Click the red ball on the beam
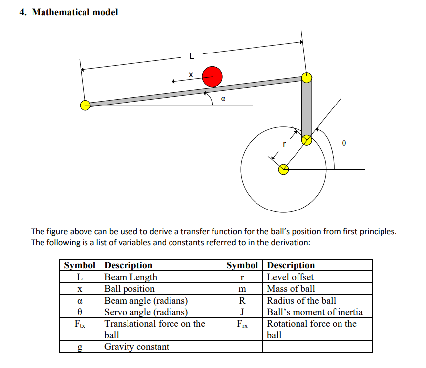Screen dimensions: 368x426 pyautogui.click(x=212, y=76)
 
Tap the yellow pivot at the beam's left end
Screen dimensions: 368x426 pyautogui.click(x=85, y=105)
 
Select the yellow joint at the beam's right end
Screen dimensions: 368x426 pyautogui.click(x=307, y=77)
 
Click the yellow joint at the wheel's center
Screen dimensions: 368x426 pyautogui.click(x=283, y=170)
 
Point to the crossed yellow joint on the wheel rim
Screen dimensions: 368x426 pyautogui.click(x=307, y=140)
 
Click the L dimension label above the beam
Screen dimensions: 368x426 pyautogui.click(x=192, y=55)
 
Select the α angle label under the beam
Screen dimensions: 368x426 pyautogui.click(x=223, y=99)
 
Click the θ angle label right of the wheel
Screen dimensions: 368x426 pyautogui.click(x=344, y=143)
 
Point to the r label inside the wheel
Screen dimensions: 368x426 pyautogui.click(x=284, y=144)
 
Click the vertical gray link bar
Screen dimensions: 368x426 pyautogui.click(x=307, y=109)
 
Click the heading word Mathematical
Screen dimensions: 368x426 pyautogui.click(x=61, y=12)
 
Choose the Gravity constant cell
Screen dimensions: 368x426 pyautogui.click(x=136, y=347)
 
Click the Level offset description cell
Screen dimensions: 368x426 pyautogui.click(x=290, y=277)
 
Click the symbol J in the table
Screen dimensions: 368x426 pyautogui.click(x=242, y=312)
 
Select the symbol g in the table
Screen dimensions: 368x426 pyautogui.click(x=80, y=347)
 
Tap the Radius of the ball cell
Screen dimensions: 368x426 pyautogui.click(x=301, y=300)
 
